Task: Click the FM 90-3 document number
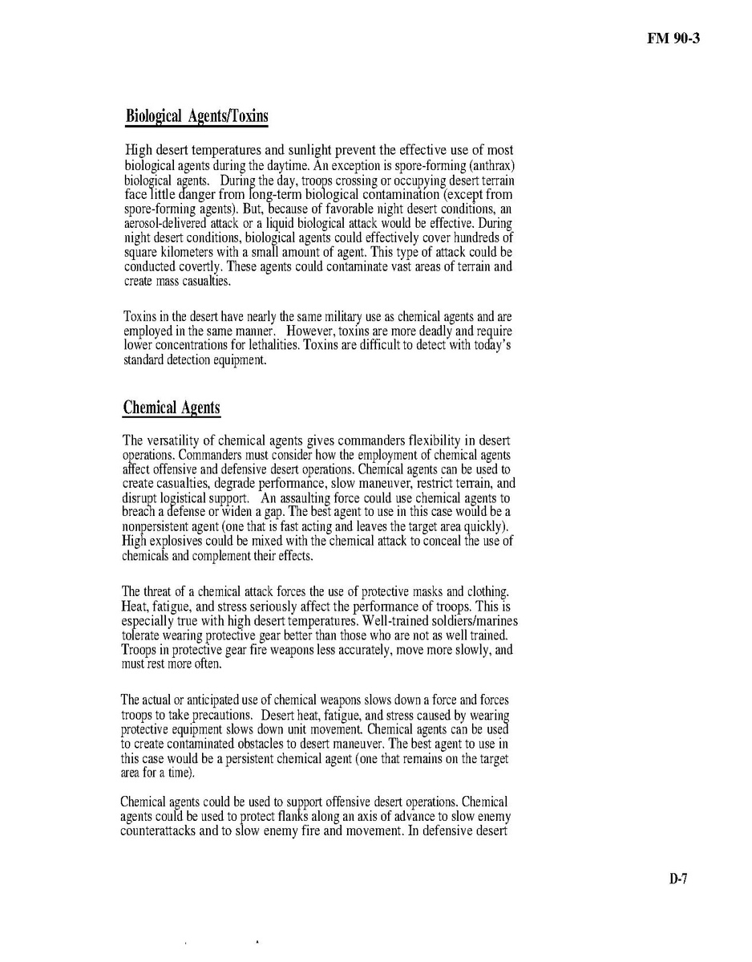[673, 37]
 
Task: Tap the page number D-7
[678, 879]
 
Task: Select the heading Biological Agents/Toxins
[196, 116]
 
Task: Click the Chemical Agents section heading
[172, 408]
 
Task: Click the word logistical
[194, 497]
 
